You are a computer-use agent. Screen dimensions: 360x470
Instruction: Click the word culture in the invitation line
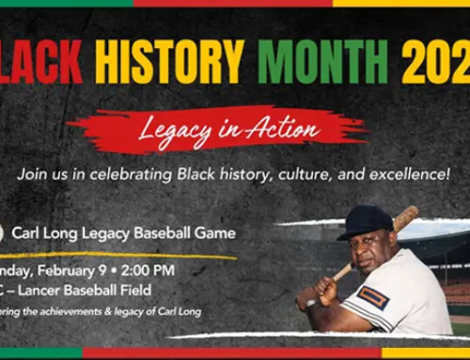(x=290, y=174)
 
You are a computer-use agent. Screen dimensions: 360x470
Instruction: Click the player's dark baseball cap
(x=365, y=222)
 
